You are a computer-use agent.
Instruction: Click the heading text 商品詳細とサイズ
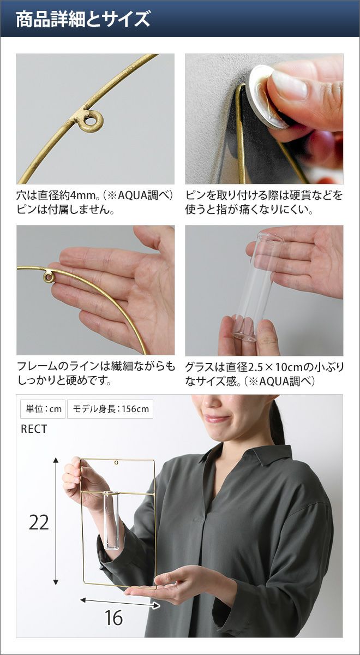pyautogui.click(x=83, y=19)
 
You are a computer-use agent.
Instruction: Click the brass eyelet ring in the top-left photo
pyautogui.click(x=91, y=121)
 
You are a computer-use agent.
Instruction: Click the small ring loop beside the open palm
pyautogui.click(x=49, y=277)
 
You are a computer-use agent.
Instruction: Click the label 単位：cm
pyautogui.click(x=43, y=409)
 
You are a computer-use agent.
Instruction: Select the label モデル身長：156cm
pyautogui.click(x=110, y=409)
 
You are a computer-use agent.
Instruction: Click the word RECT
pyautogui.click(x=34, y=429)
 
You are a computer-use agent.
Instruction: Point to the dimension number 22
pyautogui.click(x=38, y=522)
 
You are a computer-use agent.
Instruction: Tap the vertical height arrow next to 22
pyautogui.click(x=56, y=521)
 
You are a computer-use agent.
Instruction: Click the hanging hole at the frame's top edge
pyautogui.click(x=117, y=463)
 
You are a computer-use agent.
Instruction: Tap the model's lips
pyautogui.click(x=217, y=419)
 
